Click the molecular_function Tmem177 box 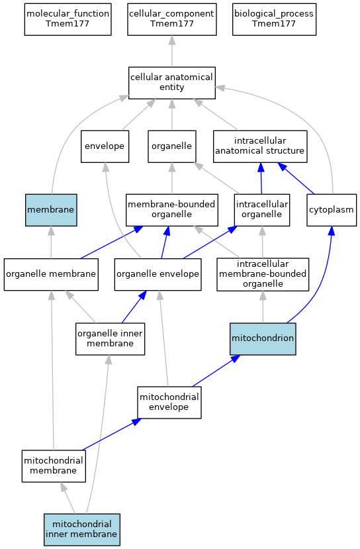tap(68, 19)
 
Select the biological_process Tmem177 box tap(274, 19)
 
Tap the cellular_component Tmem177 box tap(172, 19)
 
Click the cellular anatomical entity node tap(172, 83)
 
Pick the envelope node tap(105, 146)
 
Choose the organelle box tap(172, 146)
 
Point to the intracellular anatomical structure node tap(260, 146)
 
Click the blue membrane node tap(51, 210)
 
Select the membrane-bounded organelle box tap(172, 210)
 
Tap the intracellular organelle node tap(262, 210)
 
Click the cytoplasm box tap(332, 210)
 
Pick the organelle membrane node tap(51, 274)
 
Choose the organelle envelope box tap(157, 274)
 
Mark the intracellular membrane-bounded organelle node tap(263, 274)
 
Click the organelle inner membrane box tap(111, 338)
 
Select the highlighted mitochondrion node tap(263, 338)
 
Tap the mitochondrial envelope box tap(169, 402)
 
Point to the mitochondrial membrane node tap(54, 466)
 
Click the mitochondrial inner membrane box tap(82, 529)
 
